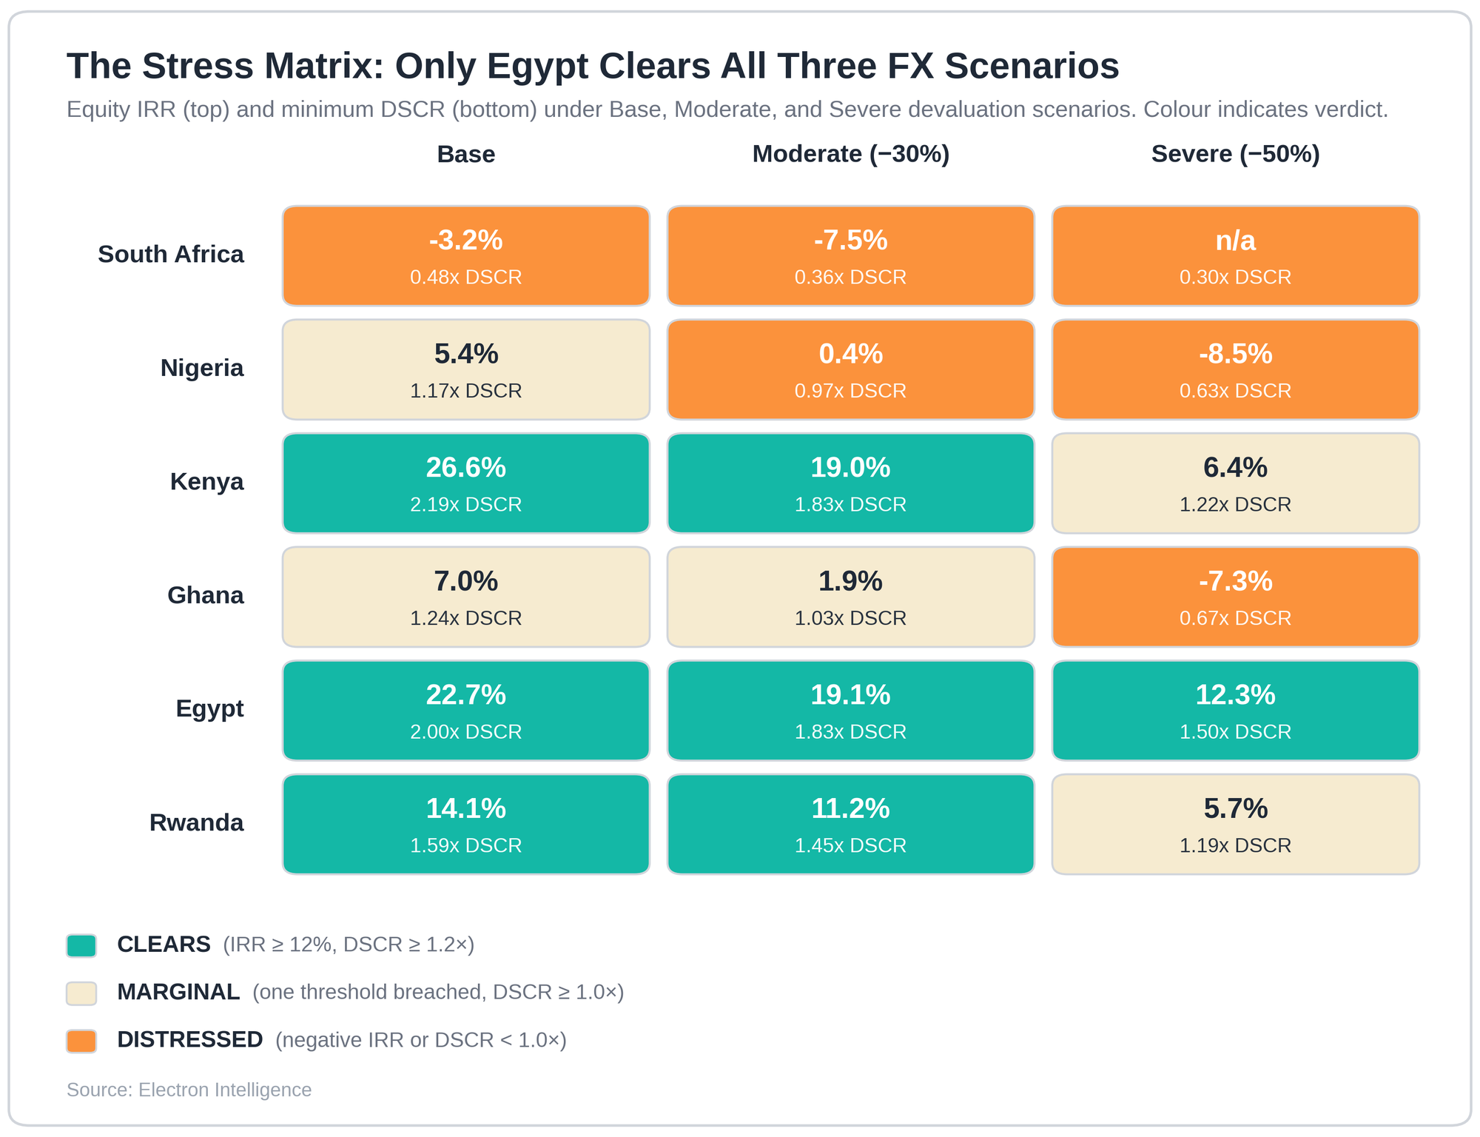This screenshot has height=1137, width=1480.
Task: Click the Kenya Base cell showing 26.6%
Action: [466, 483]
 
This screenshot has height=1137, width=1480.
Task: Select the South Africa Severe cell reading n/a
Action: [1235, 256]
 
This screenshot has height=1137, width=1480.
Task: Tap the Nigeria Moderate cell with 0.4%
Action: [851, 370]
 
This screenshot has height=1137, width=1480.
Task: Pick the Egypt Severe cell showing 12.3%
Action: [1235, 711]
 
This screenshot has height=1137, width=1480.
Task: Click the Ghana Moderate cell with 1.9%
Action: [851, 597]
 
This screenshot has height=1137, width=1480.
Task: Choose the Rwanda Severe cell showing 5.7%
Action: [1235, 825]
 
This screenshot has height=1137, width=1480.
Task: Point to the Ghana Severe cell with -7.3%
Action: [1235, 597]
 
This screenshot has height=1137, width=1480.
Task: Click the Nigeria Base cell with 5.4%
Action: [466, 370]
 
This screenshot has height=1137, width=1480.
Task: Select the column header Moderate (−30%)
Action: [851, 154]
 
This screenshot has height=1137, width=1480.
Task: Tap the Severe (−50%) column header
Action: [1235, 154]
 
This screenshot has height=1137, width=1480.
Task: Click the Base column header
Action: [466, 154]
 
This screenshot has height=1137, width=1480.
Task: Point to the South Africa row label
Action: [171, 255]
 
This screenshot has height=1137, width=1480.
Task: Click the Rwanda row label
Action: [196, 822]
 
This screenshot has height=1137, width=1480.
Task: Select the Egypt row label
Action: [209, 709]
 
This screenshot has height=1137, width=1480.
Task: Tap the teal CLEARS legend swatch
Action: [81, 945]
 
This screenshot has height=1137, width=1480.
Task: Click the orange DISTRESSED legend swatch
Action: [81, 1041]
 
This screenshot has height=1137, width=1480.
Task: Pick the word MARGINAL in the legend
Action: [178, 992]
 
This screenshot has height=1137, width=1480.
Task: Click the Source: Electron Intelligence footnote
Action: [189, 1090]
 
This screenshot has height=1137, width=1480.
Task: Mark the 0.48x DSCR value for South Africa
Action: [466, 277]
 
